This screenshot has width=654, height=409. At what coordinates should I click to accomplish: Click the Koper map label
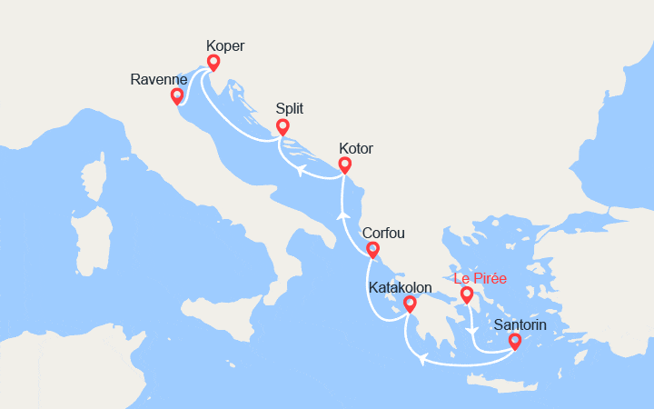(x=225, y=45)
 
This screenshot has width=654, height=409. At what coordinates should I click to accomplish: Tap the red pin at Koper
(x=213, y=62)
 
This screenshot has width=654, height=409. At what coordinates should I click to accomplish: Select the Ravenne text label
(x=159, y=79)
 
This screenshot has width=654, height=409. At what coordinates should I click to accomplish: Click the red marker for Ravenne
(x=177, y=95)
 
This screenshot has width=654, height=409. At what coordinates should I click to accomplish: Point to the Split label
(x=290, y=109)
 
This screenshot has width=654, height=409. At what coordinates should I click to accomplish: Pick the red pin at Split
(x=282, y=126)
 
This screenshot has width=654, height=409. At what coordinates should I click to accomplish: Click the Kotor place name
(x=355, y=148)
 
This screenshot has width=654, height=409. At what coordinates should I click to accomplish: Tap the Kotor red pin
(x=344, y=164)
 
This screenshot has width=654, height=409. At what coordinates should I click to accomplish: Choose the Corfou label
(x=383, y=233)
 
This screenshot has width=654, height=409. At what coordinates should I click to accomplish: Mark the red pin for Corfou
(x=372, y=249)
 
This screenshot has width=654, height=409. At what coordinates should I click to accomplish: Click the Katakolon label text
(x=401, y=287)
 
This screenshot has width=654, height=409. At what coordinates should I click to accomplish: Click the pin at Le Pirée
(x=467, y=294)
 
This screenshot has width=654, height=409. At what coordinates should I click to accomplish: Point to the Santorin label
(x=522, y=324)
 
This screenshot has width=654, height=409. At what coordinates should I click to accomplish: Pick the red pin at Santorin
(x=515, y=341)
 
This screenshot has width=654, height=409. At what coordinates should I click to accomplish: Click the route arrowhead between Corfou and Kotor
(x=343, y=214)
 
